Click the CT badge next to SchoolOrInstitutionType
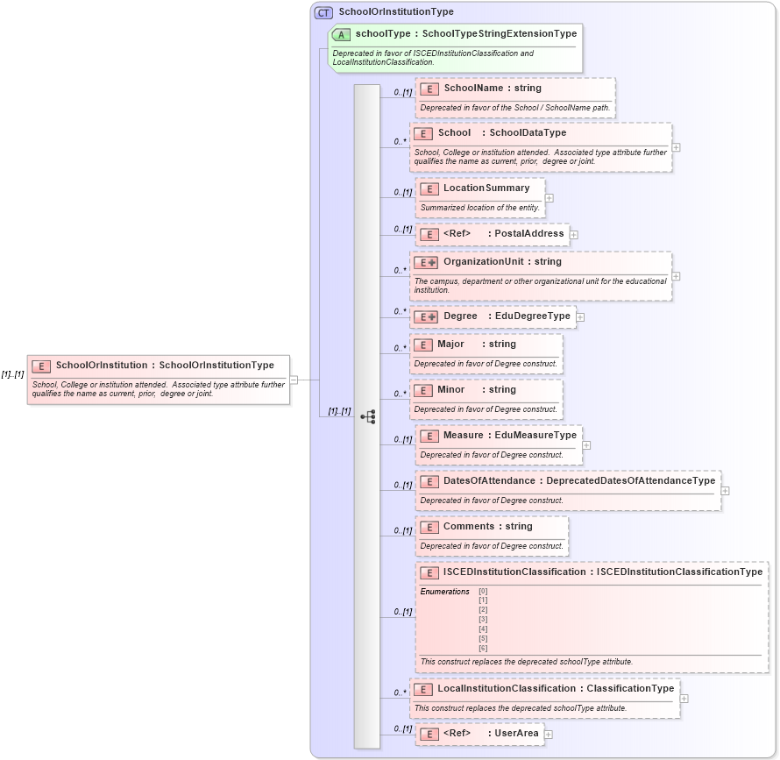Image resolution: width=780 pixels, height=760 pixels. click(x=324, y=12)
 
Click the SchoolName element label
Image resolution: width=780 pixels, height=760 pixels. click(x=473, y=89)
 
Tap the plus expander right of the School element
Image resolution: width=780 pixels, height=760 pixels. click(x=677, y=147)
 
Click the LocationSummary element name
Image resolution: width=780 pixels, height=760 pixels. click(x=486, y=188)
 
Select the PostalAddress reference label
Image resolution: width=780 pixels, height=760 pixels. click(x=529, y=234)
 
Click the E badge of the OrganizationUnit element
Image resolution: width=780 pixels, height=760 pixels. click(x=425, y=262)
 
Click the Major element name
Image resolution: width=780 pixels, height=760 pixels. click(x=451, y=344)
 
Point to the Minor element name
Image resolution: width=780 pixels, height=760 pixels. click(x=451, y=390)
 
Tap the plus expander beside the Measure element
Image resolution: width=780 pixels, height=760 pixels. click(x=586, y=445)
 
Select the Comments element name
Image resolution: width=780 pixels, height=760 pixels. click(x=468, y=527)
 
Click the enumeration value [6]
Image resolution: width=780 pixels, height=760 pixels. click(x=483, y=649)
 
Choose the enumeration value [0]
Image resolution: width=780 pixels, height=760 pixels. click(x=483, y=592)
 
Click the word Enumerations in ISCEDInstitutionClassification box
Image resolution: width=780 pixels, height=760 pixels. click(x=444, y=592)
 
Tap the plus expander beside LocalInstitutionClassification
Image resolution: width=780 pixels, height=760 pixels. click(x=684, y=699)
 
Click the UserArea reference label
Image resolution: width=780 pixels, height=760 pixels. click(x=517, y=734)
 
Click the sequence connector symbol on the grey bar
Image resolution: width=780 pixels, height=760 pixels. click(x=368, y=417)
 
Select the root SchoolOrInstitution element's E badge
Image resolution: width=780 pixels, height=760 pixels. click(x=40, y=366)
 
